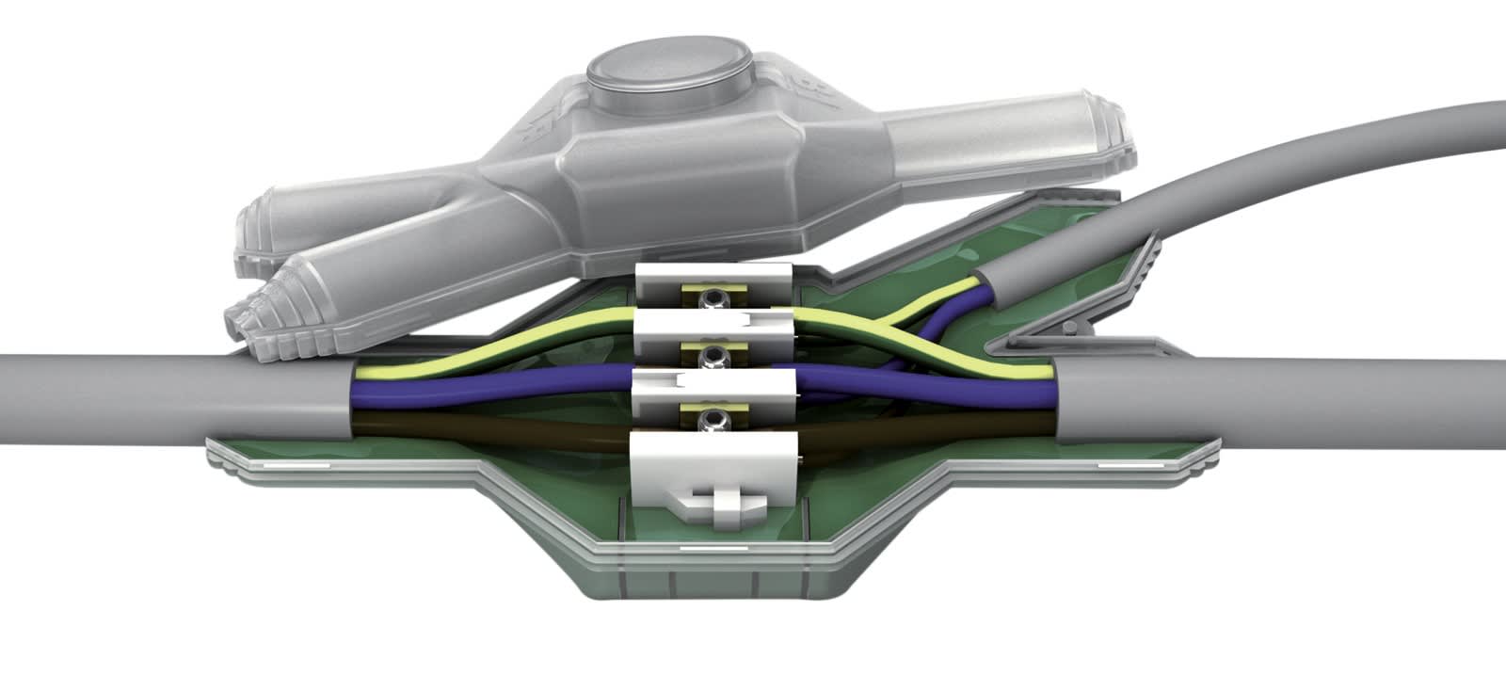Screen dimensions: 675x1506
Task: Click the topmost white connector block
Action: [x=713, y=277]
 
